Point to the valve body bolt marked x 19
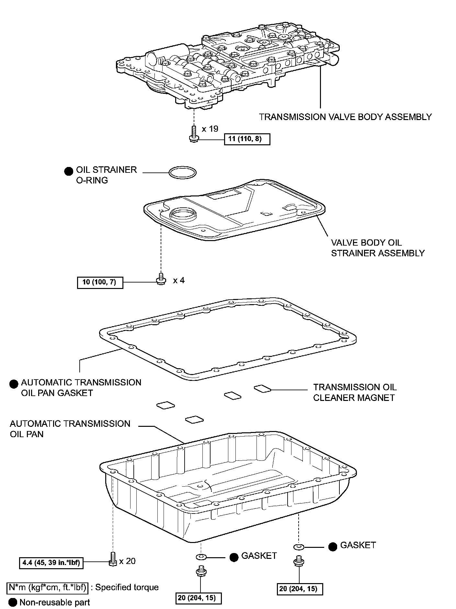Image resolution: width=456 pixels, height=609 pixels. [193, 134]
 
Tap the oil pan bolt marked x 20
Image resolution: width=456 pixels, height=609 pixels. [113, 559]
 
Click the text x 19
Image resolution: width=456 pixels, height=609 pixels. [210, 129]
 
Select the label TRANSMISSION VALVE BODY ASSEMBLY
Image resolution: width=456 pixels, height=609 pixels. [345, 117]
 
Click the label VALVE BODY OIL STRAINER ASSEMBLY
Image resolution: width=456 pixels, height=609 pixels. [377, 248]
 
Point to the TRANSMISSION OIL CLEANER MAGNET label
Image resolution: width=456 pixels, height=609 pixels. [355, 392]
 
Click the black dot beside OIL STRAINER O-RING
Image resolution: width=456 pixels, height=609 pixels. [69, 171]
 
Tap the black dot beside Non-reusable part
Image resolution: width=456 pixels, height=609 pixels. [13, 602]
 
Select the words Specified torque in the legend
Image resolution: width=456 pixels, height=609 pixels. [127, 587]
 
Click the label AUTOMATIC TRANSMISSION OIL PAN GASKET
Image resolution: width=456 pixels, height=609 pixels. [81, 388]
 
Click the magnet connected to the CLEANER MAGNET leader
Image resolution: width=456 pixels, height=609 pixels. [262, 389]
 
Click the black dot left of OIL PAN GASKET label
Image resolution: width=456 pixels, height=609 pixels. [14, 384]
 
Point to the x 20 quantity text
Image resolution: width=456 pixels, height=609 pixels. [127, 561]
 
